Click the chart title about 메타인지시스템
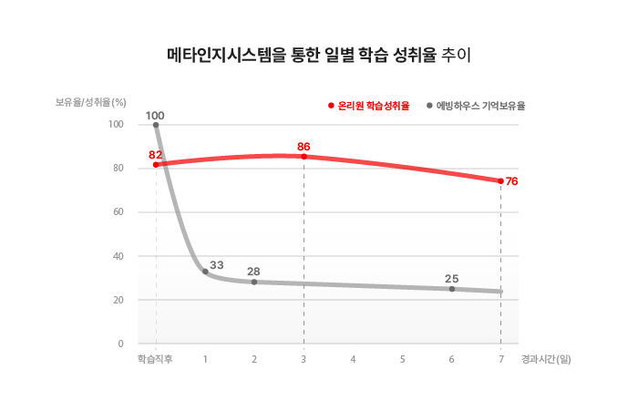[318, 55]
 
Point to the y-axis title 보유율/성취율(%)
[89, 102]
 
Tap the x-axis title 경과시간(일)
[547, 359]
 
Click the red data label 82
[155, 155]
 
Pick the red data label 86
[304, 147]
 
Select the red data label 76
[511, 181]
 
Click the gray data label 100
[155, 116]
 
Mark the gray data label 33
[217, 264]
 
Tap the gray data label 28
[253, 272]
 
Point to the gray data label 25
[451, 278]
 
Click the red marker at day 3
[304, 157]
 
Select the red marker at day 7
[500, 180]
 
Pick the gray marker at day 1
[205, 272]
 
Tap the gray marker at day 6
[452, 289]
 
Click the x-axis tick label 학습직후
[155, 359]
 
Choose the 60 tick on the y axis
[118, 212]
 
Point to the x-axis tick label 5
[402, 359]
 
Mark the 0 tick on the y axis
[120, 344]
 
